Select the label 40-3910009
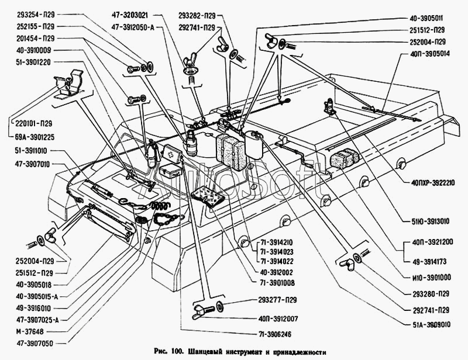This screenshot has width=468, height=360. pyautogui.click(x=34, y=50)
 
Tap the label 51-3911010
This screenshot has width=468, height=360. pyautogui.click(x=31, y=151)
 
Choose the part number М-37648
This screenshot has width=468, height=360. pyautogui.click(x=30, y=331)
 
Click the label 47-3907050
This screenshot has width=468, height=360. pyautogui.click(x=35, y=343)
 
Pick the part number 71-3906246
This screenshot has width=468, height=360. pyautogui.click(x=276, y=334)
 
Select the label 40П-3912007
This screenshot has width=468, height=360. pyautogui.click(x=278, y=319)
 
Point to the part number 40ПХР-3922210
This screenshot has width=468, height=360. pyautogui.click(x=433, y=182)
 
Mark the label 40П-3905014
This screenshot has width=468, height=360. pyautogui.click(x=430, y=54)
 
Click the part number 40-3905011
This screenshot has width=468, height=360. pyautogui.click(x=426, y=18)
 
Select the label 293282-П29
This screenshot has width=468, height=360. pyautogui.click(x=197, y=15)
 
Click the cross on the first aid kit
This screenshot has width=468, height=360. pyautogui.click(x=171, y=155)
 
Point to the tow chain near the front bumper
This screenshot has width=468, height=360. pyautogui.click(x=168, y=219)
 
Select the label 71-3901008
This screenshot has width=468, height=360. pyautogui.click(x=277, y=283)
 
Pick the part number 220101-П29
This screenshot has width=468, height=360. pyautogui.click(x=32, y=123)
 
